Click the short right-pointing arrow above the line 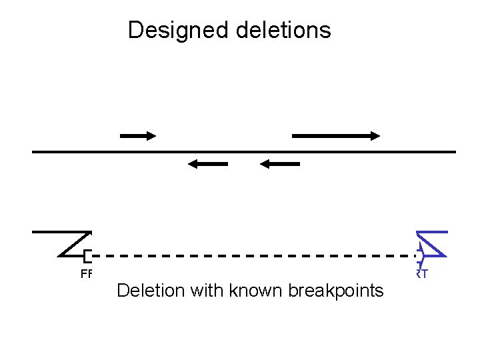click(137, 135)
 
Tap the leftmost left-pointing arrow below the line click(208, 164)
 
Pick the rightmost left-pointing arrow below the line click(280, 164)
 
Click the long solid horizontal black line click(244, 152)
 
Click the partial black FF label click(85, 273)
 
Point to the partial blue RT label click(422, 273)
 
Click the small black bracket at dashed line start click(87, 255)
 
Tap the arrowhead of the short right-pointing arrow click(151, 135)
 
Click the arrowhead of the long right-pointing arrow click(375, 135)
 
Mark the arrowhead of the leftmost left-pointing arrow click(192, 164)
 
